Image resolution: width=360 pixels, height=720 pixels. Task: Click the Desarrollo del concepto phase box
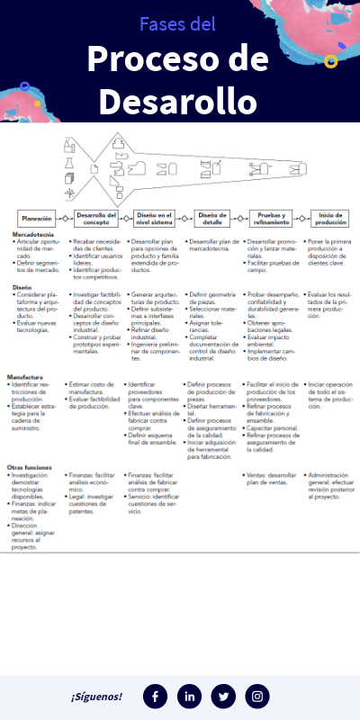click(96, 218)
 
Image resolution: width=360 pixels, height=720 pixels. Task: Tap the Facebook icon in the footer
click(156, 696)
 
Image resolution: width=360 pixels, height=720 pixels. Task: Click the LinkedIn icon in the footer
click(190, 696)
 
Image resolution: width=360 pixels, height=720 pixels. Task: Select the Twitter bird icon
click(224, 696)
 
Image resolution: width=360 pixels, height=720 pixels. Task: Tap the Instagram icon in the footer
click(258, 696)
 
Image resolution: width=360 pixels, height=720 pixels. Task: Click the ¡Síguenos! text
click(96, 697)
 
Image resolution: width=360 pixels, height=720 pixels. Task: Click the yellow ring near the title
click(330, 61)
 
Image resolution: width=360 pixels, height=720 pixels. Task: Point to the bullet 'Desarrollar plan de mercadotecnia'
click(214, 246)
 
